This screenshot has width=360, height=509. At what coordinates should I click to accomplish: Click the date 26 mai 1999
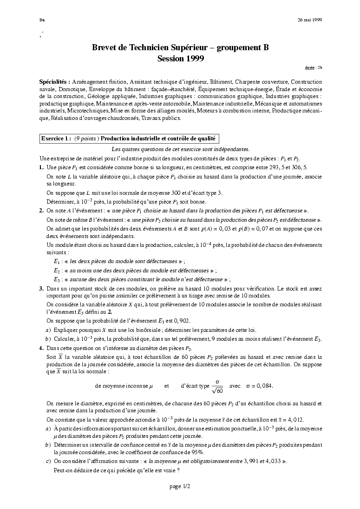(310, 20)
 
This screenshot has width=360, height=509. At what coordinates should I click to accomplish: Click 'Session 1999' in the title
(180, 59)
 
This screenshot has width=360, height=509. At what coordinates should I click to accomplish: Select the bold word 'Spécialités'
(54, 81)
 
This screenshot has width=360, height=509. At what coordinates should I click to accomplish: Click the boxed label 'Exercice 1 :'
(56, 139)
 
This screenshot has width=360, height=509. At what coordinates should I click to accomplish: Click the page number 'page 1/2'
(180, 486)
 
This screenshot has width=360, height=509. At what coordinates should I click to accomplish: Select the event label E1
(57, 261)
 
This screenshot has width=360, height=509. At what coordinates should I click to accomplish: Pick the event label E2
(57, 271)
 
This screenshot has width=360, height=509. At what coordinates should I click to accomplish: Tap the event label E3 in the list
(57, 279)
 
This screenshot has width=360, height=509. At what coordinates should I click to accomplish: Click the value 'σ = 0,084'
(260, 386)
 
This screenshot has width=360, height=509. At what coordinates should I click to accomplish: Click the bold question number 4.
(42, 348)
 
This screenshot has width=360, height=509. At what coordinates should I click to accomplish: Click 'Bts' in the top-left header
(42, 20)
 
